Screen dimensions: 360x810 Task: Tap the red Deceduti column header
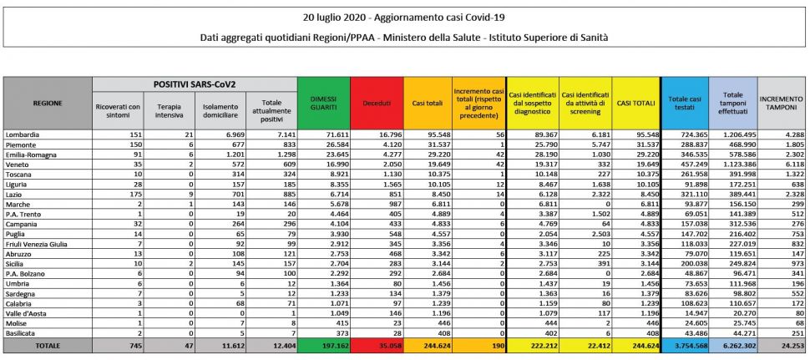pos(376,103)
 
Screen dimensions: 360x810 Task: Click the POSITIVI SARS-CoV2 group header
pos(194,84)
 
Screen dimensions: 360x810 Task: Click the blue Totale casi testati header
pos(684,103)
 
